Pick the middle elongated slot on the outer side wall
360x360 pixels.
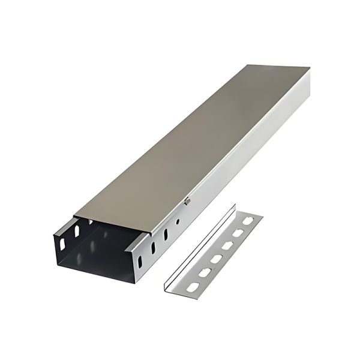coord(152,247)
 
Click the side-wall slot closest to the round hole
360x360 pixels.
coord(164,233)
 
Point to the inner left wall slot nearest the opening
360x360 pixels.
coord(62,242)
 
